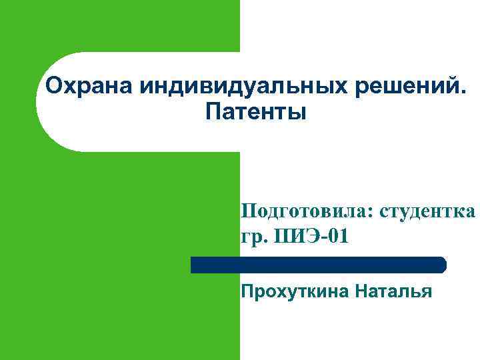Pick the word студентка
click(x=428, y=211)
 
